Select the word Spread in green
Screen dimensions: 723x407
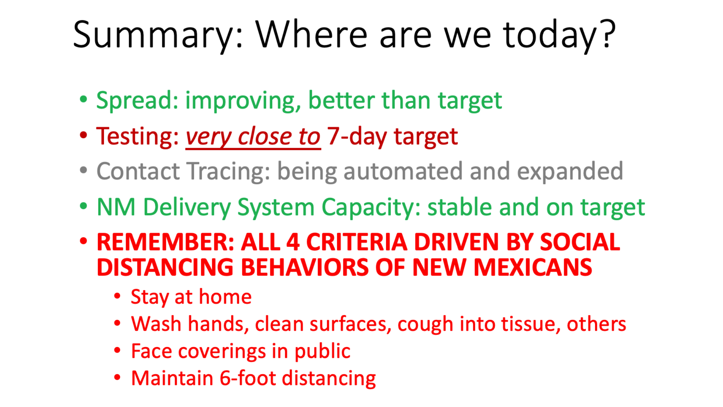click(137, 101)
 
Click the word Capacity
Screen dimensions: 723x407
click(371, 207)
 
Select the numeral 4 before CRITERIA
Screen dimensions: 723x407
click(293, 242)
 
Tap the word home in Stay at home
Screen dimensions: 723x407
click(225, 297)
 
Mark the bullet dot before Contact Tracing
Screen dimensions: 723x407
click(83, 170)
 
